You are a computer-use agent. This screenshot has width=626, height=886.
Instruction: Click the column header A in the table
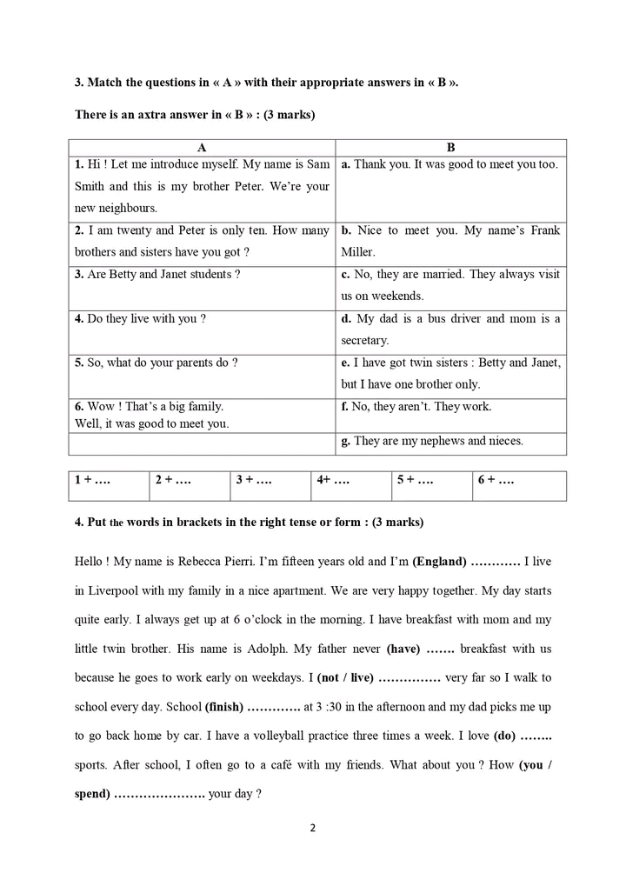point(202,148)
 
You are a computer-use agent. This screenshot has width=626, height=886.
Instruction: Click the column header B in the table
point(450,148)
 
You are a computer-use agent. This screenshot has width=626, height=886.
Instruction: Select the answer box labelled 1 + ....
point(109,479)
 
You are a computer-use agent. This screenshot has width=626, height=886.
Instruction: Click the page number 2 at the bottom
point(312,827)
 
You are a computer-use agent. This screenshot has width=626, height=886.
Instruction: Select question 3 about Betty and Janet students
point(157,274)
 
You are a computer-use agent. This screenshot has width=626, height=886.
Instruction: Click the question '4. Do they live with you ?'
point(140,318)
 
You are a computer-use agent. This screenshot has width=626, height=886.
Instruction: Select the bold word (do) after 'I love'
point(504,736)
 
